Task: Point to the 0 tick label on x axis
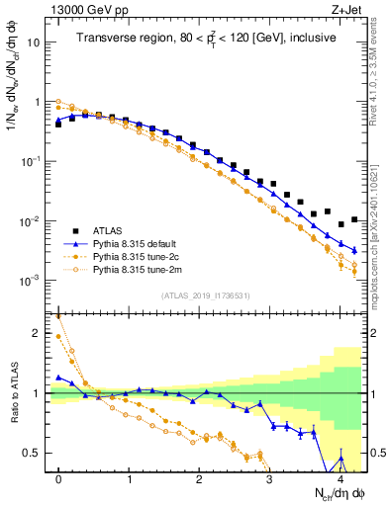pyautogui.click(x=59, y=477)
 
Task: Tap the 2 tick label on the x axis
pyautogui.click(x=199, y=477)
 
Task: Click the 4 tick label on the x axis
pyautogui.click(x=340, y=477)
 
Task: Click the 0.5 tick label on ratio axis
pyautogui.click(x=32, y=454)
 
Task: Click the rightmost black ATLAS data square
pyautogui.click(x=354, y=219)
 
